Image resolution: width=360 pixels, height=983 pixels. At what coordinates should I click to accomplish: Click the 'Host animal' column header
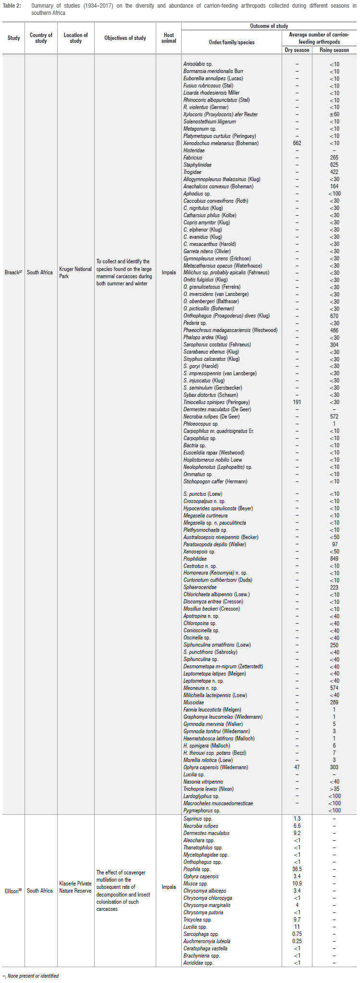click(169, 38)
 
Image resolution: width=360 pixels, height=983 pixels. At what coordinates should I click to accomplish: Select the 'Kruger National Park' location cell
click(75, 272)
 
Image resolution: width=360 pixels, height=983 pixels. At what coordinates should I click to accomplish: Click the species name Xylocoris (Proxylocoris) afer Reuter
click(220, 114)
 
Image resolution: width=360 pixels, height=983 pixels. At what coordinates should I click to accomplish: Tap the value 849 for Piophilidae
click(334, 559)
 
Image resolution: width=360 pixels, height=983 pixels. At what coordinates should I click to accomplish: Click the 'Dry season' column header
click(297, 50)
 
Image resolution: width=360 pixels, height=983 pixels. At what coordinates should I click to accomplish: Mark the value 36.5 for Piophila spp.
click(297, 869)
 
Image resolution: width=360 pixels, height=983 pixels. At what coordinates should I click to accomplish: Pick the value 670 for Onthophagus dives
click(334, 316)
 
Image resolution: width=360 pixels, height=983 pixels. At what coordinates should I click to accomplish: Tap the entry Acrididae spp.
click(198, 963)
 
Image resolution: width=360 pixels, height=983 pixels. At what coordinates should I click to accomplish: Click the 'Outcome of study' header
click(269, 26)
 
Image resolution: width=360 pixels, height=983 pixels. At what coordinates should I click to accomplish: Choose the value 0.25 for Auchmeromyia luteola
click(297, 941)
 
